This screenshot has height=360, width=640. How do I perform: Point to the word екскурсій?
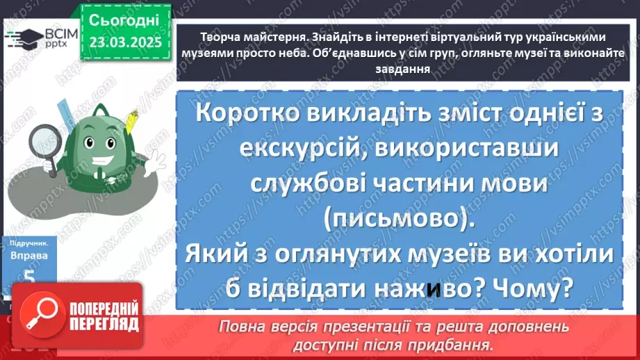pos(300,149)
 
